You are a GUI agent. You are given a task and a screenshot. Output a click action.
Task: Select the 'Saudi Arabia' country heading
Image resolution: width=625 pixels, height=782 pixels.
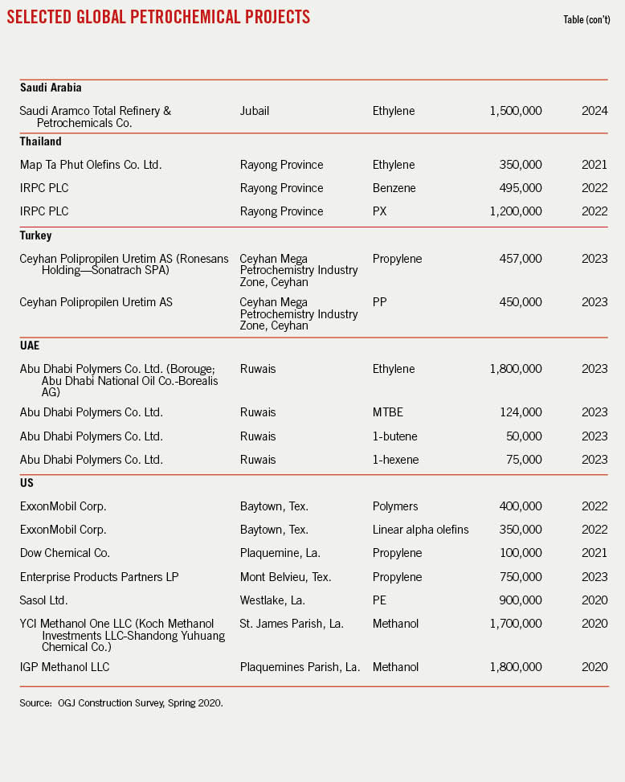pyautogui.click(x=51, y=87)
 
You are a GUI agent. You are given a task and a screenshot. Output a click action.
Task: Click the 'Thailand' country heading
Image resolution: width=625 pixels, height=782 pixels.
pyautogui.click(x=41, y=141)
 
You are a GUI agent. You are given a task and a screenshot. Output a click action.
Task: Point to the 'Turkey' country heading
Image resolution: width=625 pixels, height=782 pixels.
pyautogui.click(x=37, y=235)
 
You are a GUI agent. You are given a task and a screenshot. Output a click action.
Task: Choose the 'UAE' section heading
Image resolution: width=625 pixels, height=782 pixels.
pyautogui.click(x=31, y=346)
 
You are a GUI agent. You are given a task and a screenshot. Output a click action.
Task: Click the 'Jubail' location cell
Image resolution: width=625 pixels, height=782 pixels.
pyautogui.click(x=255, y=111)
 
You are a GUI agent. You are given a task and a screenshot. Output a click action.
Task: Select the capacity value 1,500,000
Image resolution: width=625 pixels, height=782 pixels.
pyautogui.click(x=515, y=111)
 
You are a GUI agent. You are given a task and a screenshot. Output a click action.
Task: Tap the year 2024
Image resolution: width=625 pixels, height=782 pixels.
pyautogui.click(x=594, y=111)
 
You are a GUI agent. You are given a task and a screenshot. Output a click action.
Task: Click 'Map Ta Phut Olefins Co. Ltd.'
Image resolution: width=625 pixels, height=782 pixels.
pyautogui.click(x=91, y=165)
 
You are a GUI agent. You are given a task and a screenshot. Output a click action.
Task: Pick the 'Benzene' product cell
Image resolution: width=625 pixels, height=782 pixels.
pyautogui.click(x=394, y=188)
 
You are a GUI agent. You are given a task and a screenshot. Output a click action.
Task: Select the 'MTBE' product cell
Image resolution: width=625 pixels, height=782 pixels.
pyautogui.click(x=388, y=412)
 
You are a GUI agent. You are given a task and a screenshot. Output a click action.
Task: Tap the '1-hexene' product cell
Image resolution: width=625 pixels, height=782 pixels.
pyautogui.click(x=395, y=460)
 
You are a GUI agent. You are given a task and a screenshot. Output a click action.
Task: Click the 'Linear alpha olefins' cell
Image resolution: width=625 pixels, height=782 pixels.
pyautogui.click(x=420, y=530)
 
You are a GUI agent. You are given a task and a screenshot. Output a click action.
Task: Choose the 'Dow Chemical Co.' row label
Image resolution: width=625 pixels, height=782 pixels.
pyautogui.click(x=65, y=553)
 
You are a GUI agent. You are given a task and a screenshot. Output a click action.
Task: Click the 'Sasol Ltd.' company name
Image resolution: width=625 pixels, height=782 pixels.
pyautogui.click(x=47, y=600)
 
